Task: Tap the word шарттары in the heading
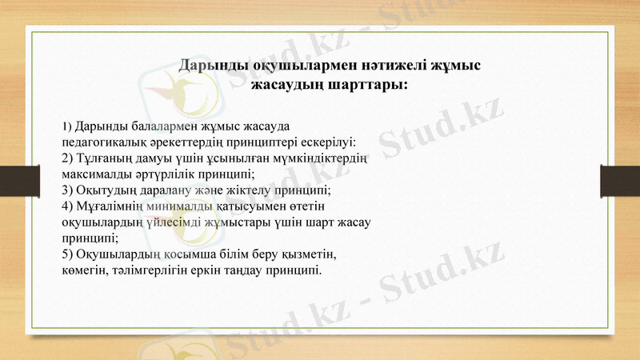coord(367,83)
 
